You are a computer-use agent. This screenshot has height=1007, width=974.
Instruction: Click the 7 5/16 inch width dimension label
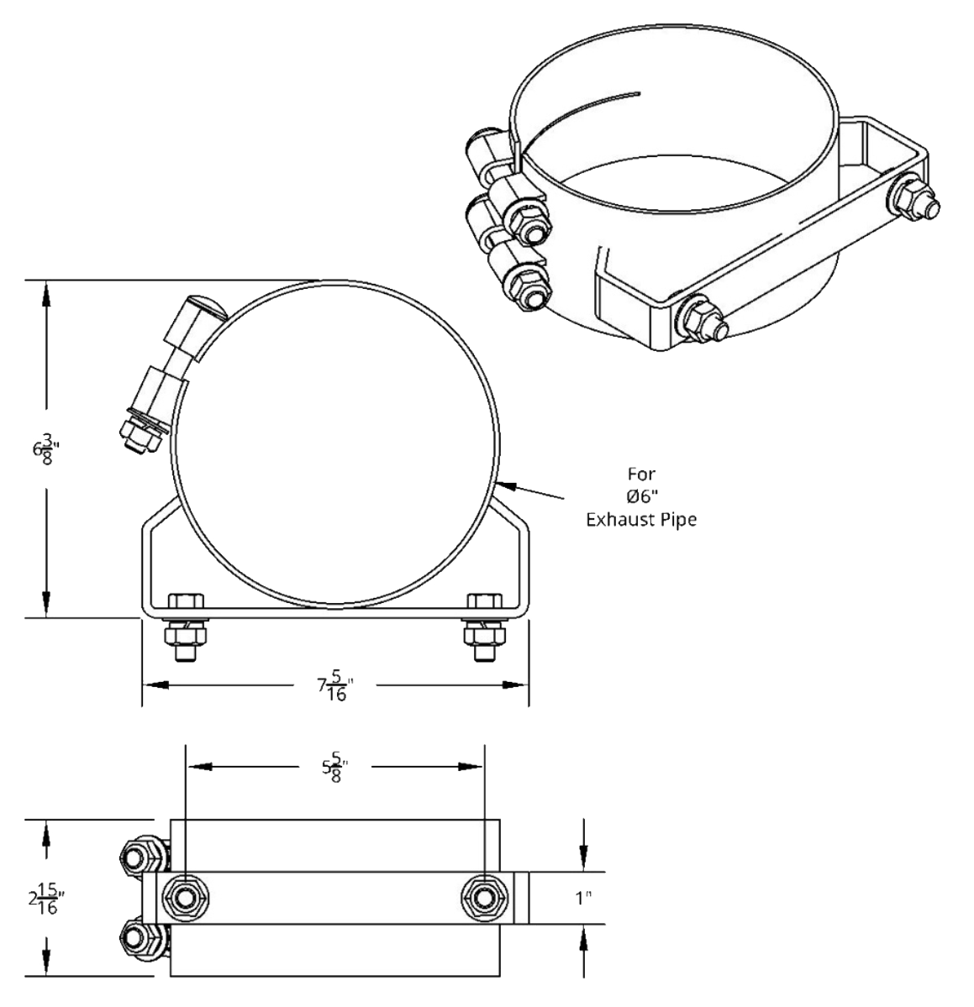click(333, 685)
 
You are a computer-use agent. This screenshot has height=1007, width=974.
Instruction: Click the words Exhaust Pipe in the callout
click(641, 520)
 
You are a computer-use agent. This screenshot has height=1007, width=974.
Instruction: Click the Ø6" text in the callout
click(641, 497)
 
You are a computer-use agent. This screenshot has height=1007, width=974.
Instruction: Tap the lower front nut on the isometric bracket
click(699, 319)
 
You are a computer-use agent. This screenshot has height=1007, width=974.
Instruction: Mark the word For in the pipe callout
click(640, 475)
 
